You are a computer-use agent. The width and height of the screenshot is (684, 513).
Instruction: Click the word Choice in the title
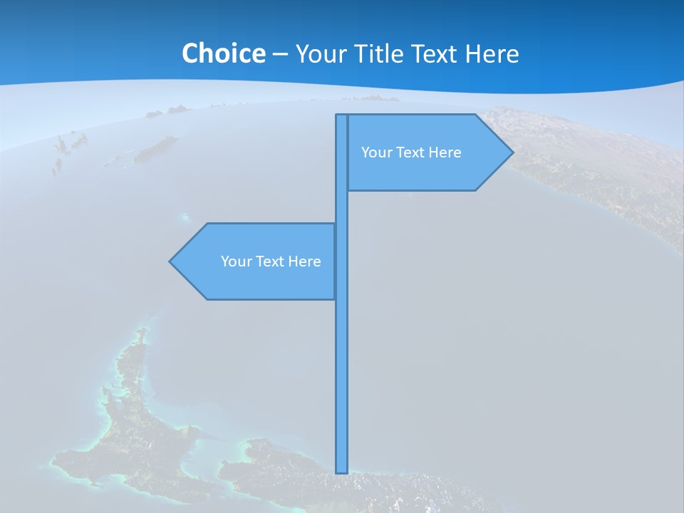click(x=223, y=53)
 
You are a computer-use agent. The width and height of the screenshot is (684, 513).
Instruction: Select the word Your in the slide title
click(x=321, y=53)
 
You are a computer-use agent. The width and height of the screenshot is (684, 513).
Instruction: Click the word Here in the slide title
click(x=492, y=53)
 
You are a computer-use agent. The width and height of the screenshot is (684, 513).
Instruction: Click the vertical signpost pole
click(x=342, y=356)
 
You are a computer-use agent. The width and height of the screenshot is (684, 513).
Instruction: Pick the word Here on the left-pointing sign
click(x=304, y=261)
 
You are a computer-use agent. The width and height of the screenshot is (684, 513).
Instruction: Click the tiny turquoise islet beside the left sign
click(x=186, y=217)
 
